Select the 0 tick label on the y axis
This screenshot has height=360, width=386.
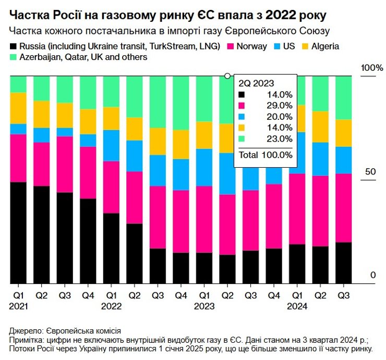click(x=372, y=275)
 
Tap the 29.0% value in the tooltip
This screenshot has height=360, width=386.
click(x=279, y=106)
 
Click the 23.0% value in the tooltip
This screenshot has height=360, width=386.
click(x=279, y=139)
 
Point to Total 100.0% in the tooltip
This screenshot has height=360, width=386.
click(x=266, y=155)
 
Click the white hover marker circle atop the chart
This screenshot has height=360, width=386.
click(x=227, y=76)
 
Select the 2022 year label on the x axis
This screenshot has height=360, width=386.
click(x=111, y=306)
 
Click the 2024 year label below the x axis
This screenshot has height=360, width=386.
click(x=296, y=306)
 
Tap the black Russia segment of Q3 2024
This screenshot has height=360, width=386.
click(x=343, y=263)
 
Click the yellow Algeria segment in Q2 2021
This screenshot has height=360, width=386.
click(x=42, y=114)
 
